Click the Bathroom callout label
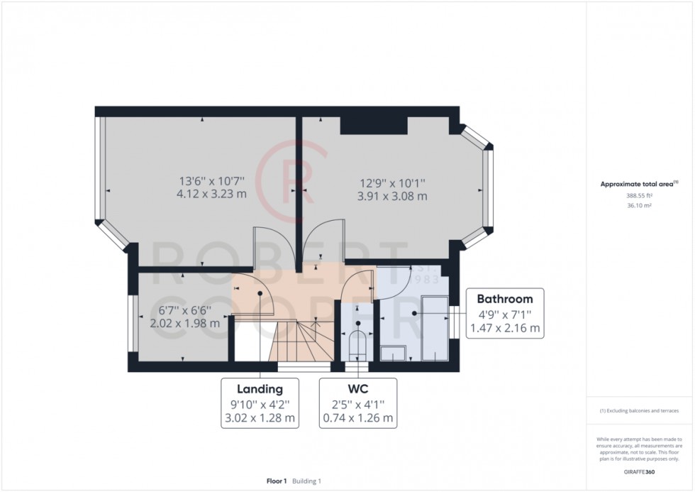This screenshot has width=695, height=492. point(504,297)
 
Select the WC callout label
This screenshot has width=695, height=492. point(357,389)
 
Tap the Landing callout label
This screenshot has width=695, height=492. point(260,389)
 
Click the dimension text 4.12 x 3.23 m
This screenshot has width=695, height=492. point(212,194)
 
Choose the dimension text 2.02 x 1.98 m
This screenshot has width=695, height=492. point(184,322)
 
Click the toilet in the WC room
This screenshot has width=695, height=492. point(358,344)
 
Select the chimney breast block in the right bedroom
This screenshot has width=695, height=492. point(374,125)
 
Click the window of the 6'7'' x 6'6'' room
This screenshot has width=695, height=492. point(132,322)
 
